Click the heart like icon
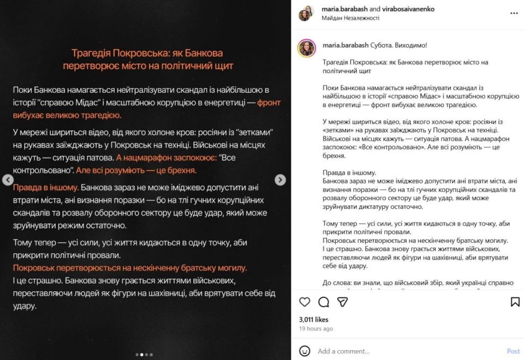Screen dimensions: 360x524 [x=305, y=302]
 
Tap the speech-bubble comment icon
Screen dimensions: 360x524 [x=324, y=302]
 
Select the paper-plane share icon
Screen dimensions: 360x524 [x=342, y=302]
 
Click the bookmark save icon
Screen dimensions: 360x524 [x=515, y=302]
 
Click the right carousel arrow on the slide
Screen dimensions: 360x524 [x=280, y=180]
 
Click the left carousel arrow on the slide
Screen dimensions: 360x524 [x=8, y=180]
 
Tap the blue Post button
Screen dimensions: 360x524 [x=513, y=351]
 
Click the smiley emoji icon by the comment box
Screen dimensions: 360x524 [x=305, y=351]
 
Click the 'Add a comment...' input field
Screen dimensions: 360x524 [x=404, y=351]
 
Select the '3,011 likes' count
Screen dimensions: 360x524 [x=314, y=320]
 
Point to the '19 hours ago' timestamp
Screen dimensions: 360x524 [x=316, y=329]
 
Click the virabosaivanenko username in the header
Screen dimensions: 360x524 [x=408, y=9]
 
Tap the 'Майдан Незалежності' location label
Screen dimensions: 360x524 [x=350, y=18]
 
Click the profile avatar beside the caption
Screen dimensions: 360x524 [x=307, y=48]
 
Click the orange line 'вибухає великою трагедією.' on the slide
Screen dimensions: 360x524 [x=67, y=115]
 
